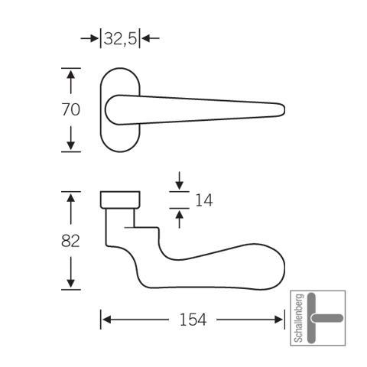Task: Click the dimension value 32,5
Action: coord(120,39)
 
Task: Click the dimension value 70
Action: coord(71,110)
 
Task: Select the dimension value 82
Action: coord(70,241)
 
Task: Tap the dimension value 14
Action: coord(204,200)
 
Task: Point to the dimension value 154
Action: coord(193,320)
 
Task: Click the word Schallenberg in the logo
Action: coord(299,318)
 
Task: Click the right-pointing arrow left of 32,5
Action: coord(89,39)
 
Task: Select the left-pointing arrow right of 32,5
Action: coord(151,39)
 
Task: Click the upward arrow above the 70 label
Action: coord(70,82)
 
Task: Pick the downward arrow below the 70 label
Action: coord(70,138)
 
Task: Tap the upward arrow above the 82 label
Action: coord(70,209)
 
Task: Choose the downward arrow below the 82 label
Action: coord(70,272)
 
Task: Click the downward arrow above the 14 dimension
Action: coord(180,180)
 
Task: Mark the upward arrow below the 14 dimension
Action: coord(180,219)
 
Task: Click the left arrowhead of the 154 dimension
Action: coord(106,320)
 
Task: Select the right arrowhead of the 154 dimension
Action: coord(278,320)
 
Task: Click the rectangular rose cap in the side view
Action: coord(120,200)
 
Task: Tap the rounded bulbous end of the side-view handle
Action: coord(275,268)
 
